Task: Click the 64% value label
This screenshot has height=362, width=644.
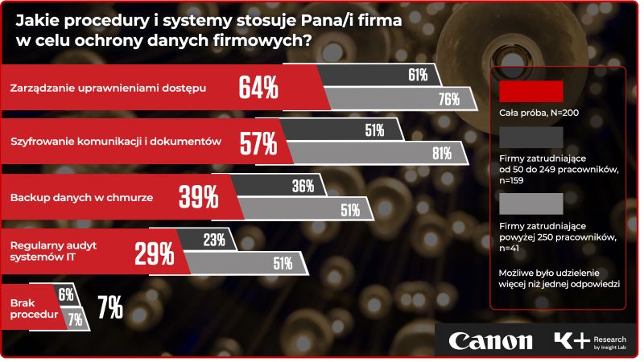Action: [x=258, y=88]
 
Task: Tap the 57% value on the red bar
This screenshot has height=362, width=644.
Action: [x=258, y=143]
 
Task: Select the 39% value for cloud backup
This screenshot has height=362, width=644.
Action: [x=198, y=197]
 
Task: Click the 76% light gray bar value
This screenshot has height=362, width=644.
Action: [x=448, y=100]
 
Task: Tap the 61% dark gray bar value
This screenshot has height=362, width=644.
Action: [x=417, y=76]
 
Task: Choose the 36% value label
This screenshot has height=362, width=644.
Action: [x=303, y=185]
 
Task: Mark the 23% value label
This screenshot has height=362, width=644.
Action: [x=214, y=239]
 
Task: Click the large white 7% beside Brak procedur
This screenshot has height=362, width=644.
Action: [x=109, y=306]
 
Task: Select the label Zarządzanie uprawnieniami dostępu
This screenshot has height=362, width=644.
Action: [x=109, y=88]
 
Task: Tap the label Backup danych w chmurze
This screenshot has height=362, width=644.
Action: [x=80, y=196]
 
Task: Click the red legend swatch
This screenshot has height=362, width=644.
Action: [x=530, y=90]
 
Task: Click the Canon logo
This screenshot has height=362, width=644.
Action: [x=490, y=341]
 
